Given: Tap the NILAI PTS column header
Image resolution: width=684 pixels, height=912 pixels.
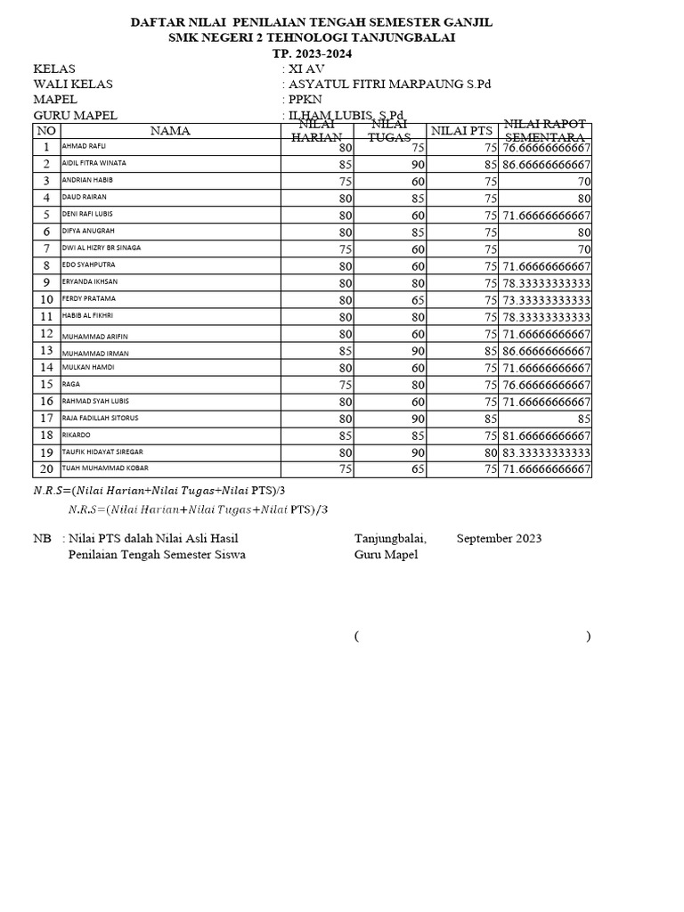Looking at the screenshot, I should [x=461, y=131].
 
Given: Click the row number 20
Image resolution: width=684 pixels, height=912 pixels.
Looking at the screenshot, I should [x=45, y=468].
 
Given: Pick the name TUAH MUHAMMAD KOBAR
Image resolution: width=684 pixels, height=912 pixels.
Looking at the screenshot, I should [x=105, y=468].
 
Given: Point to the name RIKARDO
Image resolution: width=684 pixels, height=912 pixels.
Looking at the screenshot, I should [x=77, y=435].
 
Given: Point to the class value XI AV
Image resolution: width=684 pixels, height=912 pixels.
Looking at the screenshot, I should [x=302, y=69].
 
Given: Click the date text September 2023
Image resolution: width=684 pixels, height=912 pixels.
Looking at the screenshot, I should [x=499, y=539].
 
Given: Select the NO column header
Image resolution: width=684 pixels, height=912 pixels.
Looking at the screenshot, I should [x=45, y=130].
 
